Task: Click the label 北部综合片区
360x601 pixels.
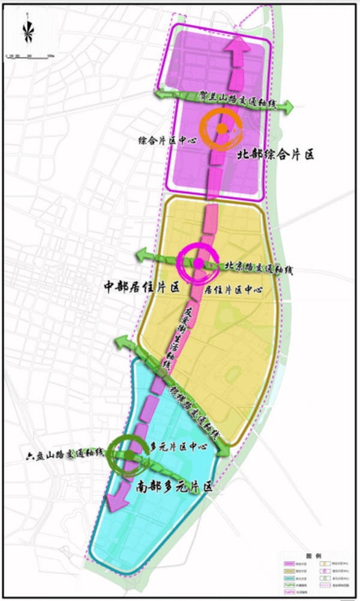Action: click(x=275, y=155)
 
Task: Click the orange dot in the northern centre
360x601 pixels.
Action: click(x=221, y=128)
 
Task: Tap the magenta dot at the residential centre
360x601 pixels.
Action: click(x=199, y=262)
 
